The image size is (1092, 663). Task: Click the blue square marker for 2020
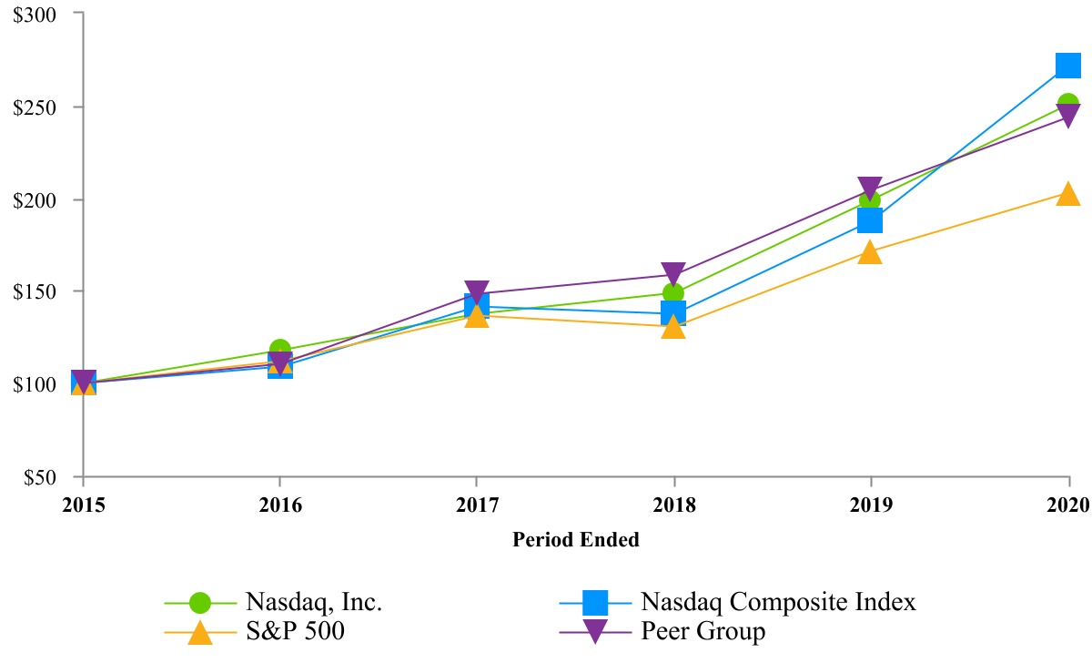(1067, 65)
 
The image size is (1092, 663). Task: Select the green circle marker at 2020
(1067, 105)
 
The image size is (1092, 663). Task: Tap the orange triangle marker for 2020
(1067, 194)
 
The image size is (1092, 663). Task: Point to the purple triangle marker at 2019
(870, 189)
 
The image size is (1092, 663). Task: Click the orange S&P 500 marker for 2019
(870, 252)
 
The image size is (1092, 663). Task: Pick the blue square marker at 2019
(870, 220)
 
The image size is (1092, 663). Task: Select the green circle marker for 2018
(673, 293)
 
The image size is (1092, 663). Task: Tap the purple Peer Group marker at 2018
(673, 273)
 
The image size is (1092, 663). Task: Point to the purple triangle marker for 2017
(477, 292)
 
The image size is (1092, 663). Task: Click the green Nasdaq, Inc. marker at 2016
(280, 350)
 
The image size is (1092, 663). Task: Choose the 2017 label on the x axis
(477, 504)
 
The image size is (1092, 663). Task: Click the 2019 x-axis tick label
(870, 504)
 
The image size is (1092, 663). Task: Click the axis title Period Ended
(575, 540)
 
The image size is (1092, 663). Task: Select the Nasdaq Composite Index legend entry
(778, 602)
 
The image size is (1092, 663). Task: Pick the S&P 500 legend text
(295, 631)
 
